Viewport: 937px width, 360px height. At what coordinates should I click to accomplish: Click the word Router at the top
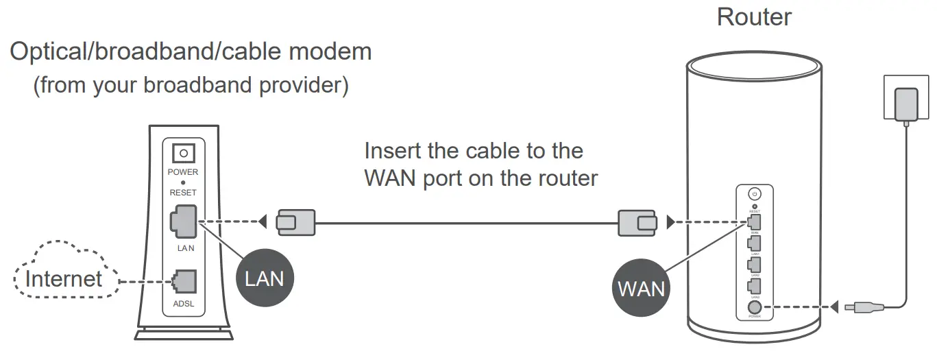(x=754, y=16)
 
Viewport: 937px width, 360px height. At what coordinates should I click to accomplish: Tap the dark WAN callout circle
(x=641, y=287)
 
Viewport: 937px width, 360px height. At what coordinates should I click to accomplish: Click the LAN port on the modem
(x=182, y=221)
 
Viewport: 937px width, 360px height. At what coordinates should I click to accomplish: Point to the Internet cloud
(x=63, y=278)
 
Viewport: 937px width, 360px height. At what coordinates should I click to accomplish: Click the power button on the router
(x=755, y=195)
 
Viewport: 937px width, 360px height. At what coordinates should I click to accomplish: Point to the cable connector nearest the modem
(x=295, y=221)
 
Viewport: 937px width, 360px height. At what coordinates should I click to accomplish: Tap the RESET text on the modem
(x=183, y=193)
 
